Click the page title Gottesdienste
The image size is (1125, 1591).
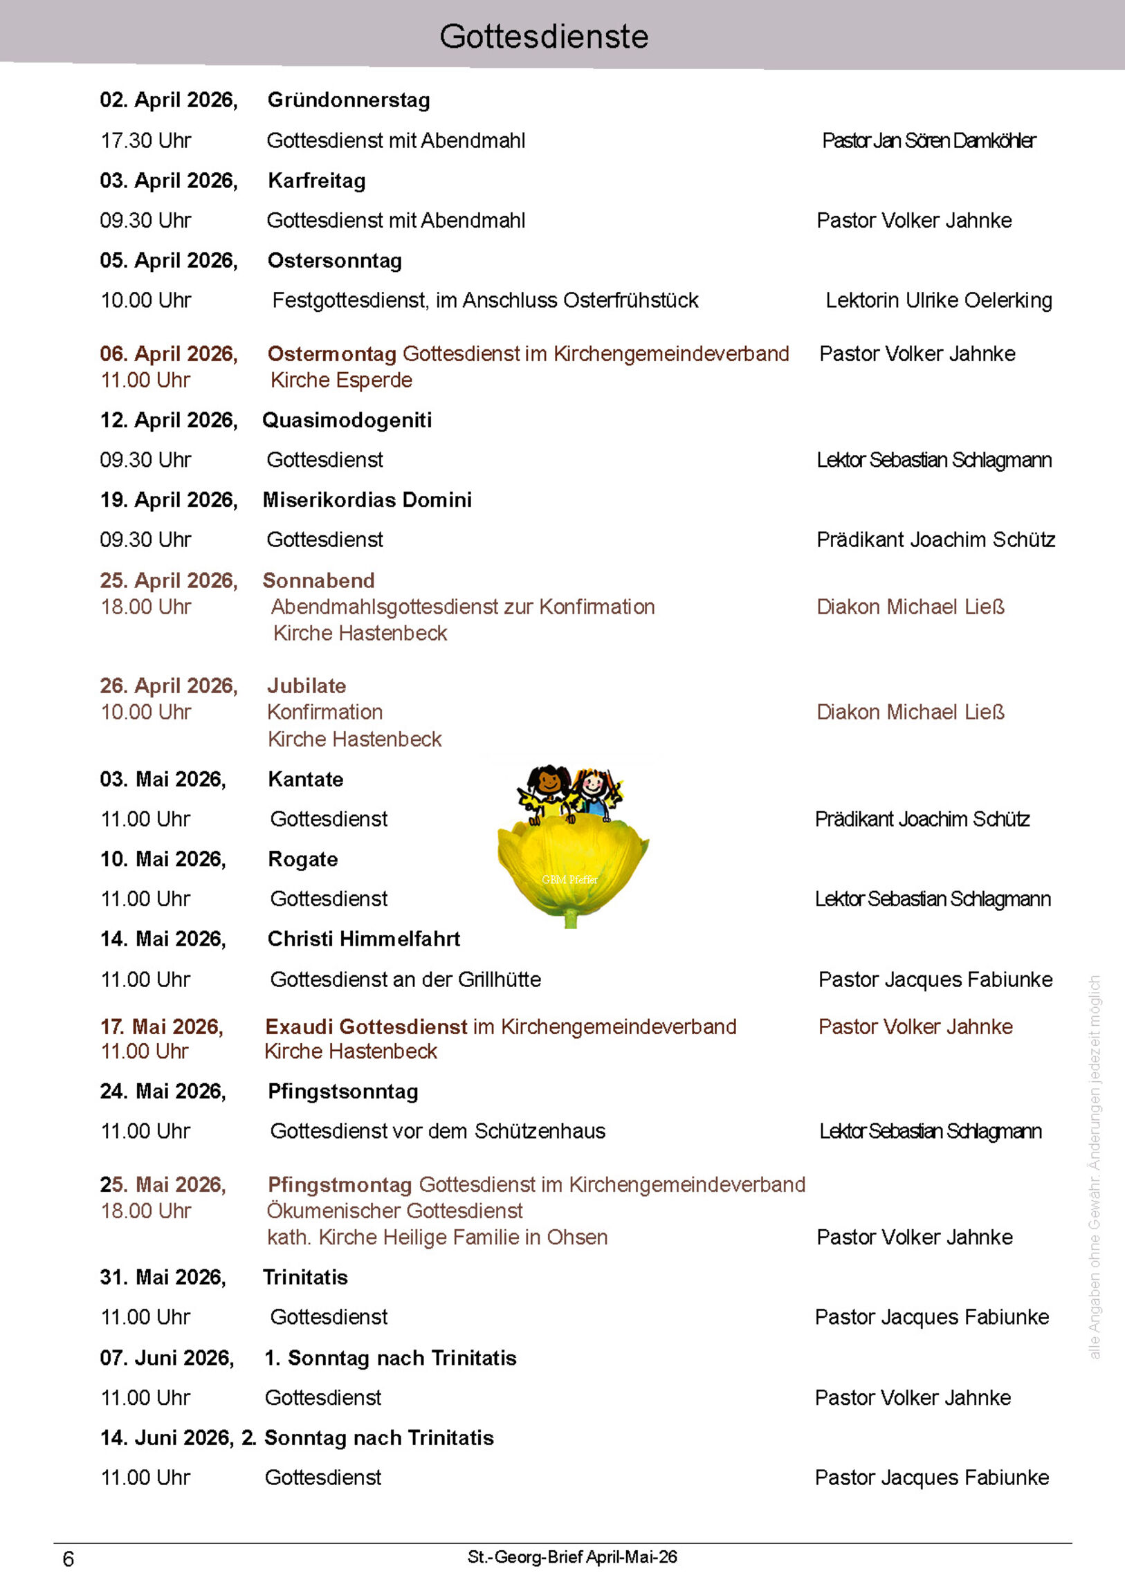[544, 37]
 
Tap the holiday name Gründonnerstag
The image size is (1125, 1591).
[349, 100]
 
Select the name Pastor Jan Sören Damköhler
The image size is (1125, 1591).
[929, 140]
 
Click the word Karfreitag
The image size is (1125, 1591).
[317, 181]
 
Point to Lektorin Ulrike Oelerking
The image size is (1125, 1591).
[939, 301]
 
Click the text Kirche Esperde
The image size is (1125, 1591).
[341, 380]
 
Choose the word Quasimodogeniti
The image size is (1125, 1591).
[347, 421]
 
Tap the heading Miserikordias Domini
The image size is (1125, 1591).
[367, 500]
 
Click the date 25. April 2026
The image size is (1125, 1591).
[168, 580]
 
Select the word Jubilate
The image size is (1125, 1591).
[307, 686]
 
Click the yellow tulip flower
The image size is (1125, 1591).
[572, 866]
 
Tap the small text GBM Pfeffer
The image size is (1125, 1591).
[569, 880]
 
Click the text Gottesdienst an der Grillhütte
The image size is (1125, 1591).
[405, 980]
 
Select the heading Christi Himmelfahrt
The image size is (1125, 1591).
[364, 939]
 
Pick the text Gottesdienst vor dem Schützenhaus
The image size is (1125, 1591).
[437, 1132]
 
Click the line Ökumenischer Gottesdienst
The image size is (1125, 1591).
[394, 1211]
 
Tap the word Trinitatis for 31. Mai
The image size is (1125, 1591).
[305, 1278]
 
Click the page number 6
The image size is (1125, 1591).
[68, 1559]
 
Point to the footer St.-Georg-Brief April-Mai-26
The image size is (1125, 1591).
[572, 1558]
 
